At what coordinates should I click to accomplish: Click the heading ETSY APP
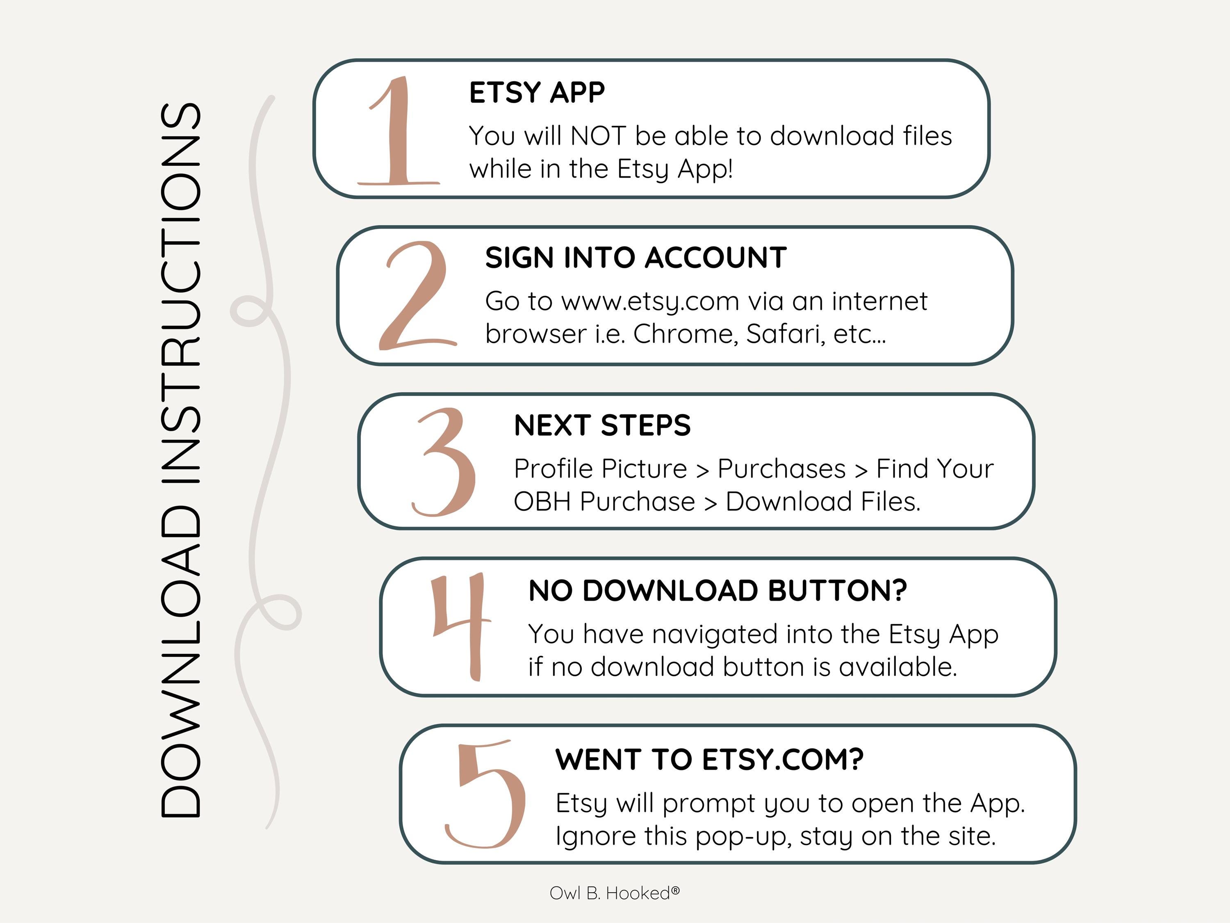(x=537, y=92)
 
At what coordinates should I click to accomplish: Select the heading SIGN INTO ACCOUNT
(x=635, y=258)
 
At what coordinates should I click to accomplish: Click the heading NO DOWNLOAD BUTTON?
(x=717, y=590)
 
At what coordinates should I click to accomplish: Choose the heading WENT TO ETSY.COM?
(x=710, y=759)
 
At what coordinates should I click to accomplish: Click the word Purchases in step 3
(x=781, y=468)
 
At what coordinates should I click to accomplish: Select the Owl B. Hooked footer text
(x=615, y=893)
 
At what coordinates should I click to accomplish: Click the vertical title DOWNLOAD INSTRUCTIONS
(x=180, y=459)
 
